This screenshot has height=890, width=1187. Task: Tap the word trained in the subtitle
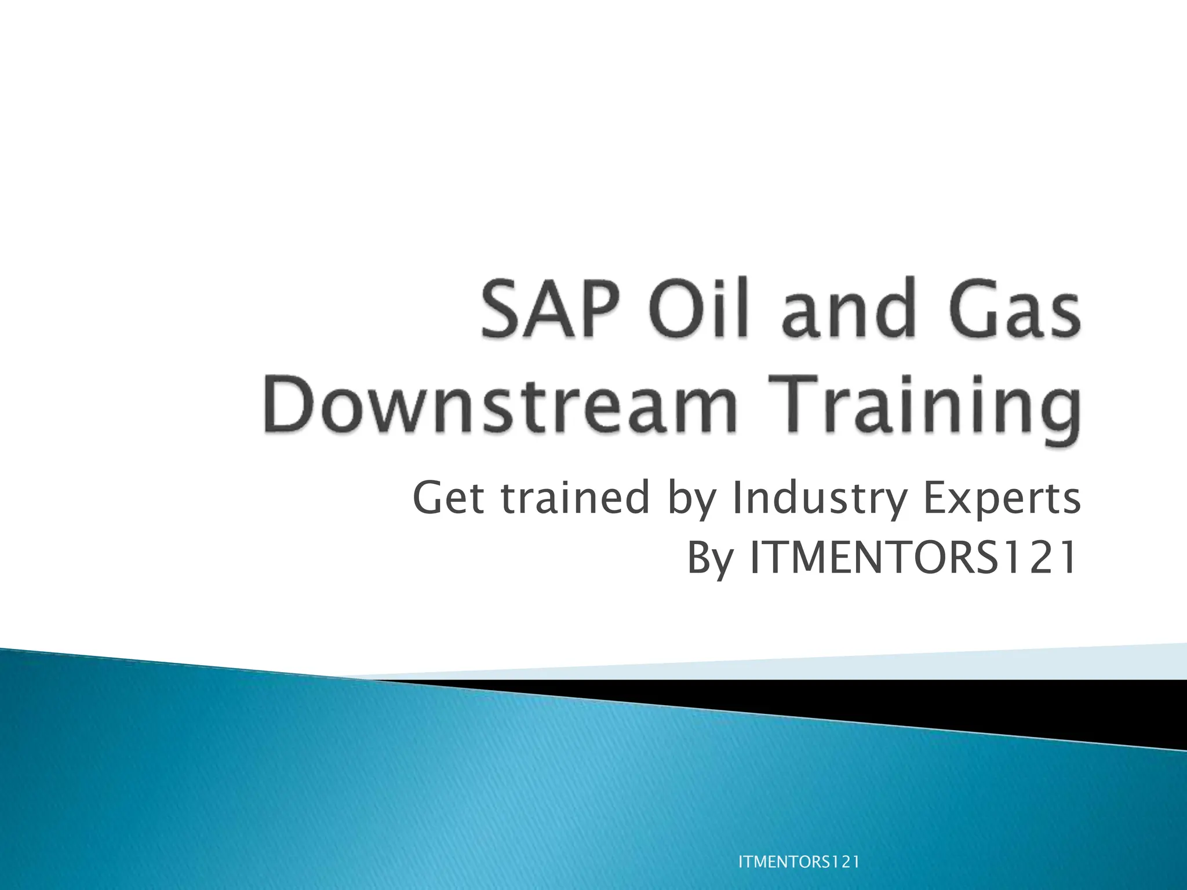[575, 498]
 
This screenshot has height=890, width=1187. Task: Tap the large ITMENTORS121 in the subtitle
[912, 557]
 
